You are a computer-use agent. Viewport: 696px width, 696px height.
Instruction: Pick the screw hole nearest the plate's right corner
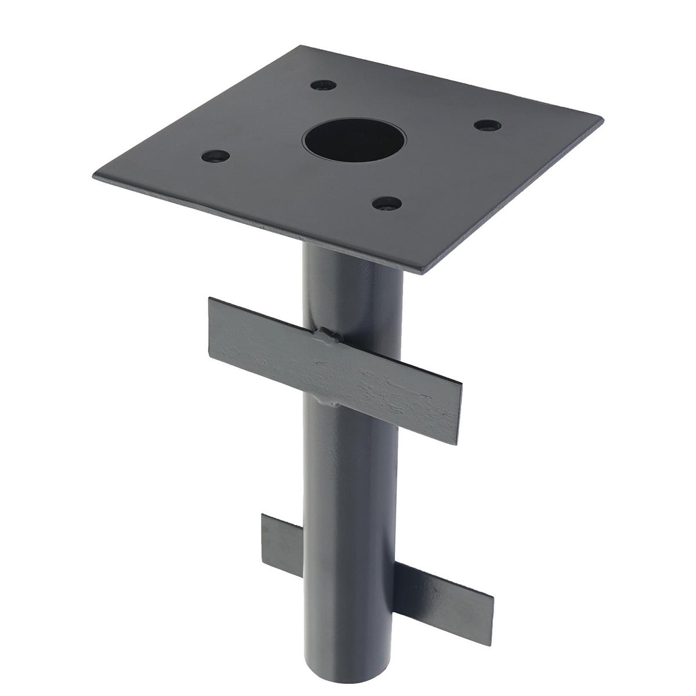(485, 125)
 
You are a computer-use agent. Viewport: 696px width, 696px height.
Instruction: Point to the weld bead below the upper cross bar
(331, 400)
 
